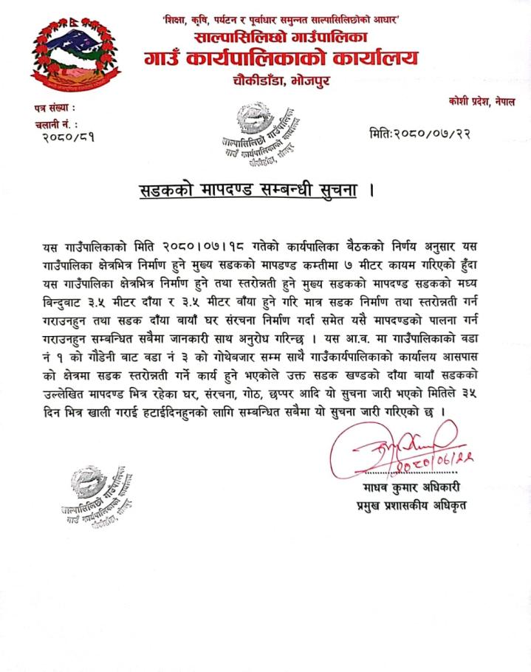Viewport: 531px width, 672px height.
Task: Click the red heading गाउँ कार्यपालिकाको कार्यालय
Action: click(x=281, y=57)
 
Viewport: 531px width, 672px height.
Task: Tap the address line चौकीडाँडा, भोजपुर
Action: click(x=281, y=79)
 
